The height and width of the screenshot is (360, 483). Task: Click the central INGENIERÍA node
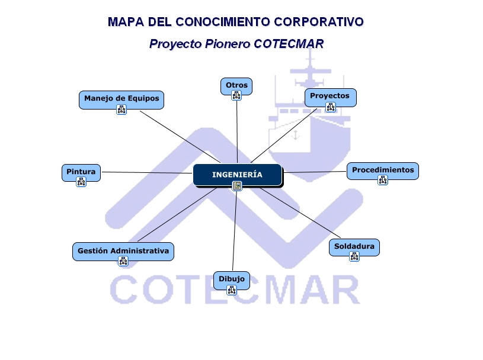coord(237,175)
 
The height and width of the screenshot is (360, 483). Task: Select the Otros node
coord(236,85)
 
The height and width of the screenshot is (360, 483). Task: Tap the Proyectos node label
coord(330,95)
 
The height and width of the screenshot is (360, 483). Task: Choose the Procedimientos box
coord(382,170)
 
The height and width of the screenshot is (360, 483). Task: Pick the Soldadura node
coord(354,246)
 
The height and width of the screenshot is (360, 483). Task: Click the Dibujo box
coord(231,279)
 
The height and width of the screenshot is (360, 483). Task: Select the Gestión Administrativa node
coord(123,250)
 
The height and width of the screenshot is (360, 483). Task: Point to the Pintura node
coord(81,172)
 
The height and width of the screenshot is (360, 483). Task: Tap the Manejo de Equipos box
coord(121,98)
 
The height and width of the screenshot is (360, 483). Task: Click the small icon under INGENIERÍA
coord(237,187)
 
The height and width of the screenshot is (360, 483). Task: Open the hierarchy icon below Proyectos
coord(331,107)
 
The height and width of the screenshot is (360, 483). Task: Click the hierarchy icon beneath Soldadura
coord(354,256)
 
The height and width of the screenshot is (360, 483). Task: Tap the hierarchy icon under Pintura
coord(81,182)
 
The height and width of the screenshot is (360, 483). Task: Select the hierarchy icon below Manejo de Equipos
coord(121,110)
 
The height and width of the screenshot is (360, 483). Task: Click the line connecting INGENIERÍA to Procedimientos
coord(314,172)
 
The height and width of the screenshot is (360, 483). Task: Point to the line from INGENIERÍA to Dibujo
coord(235,231)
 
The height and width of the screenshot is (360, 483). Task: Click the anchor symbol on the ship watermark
coord(296,136)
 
